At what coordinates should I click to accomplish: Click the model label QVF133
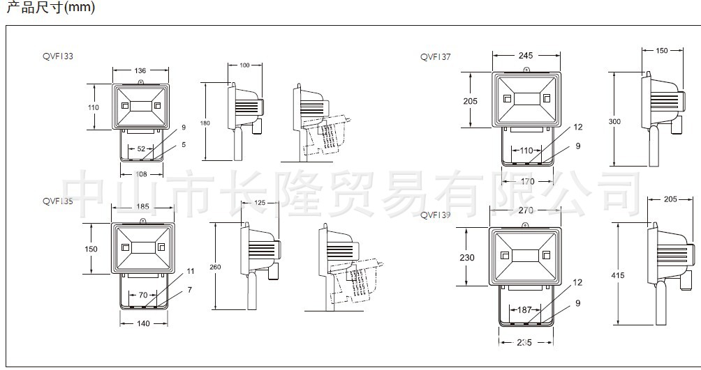(x=58, y=57)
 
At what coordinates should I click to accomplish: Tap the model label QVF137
(x=436, y=58)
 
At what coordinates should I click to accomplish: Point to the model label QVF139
(x=436, y=215)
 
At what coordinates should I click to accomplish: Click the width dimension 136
(x=140, y=70)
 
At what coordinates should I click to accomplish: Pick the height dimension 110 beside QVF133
(x=94, y=107)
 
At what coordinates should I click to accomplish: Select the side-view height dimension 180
(x=205, y=123)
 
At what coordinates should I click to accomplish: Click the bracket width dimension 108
(x=140, y=174)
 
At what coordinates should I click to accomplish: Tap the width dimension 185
(x=143, y=207)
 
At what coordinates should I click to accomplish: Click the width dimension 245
(x=526, y=55)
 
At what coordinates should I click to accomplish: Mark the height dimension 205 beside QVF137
(x=471, y=100)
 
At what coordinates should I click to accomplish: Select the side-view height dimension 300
(x=614, y=121)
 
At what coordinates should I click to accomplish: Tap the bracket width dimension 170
(x=528, y=182)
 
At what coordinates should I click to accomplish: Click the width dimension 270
(x=526, y=210)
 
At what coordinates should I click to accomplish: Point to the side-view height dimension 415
(x=617, y=275)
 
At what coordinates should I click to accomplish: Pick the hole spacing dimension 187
(x=526, y=310)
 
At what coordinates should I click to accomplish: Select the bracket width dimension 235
(x=526, y=342)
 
